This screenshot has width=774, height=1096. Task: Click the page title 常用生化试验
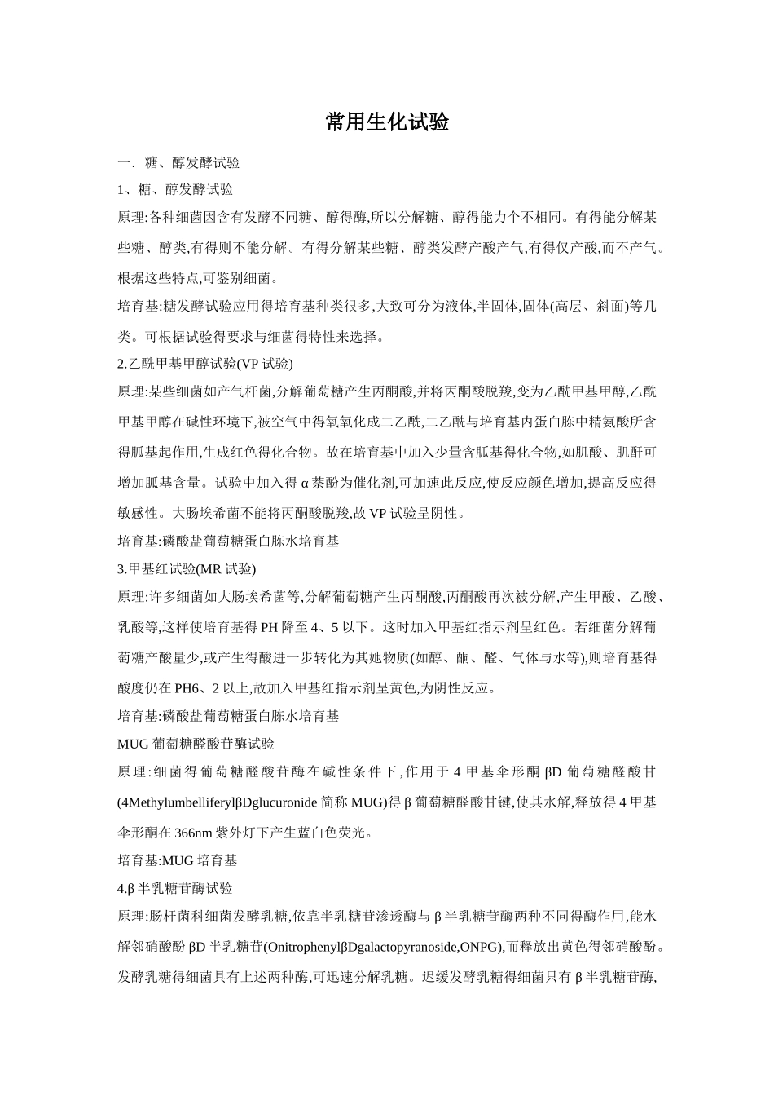click(387, 122)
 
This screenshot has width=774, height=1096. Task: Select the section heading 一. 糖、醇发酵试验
click(178, 163)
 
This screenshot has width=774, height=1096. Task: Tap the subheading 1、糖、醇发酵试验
click(175, 189)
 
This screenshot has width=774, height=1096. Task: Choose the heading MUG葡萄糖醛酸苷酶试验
click(196, 744)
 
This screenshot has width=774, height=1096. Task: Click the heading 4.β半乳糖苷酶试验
click(175, 888)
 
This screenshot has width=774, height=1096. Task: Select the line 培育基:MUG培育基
click(178, 860)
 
